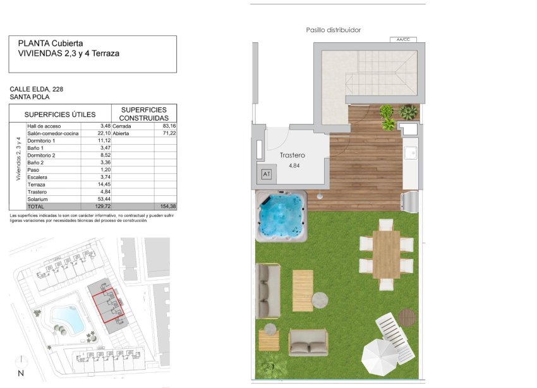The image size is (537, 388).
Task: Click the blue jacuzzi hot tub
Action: click(x=281, y=216)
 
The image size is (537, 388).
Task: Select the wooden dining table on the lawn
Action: click(x=386, y=254)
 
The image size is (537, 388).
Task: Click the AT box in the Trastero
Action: click(x=265, y=174)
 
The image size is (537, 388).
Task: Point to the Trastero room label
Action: click(x=292, y=155)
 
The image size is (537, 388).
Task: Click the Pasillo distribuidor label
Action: click(x=333, y=30)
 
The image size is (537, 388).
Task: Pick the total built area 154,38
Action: click(x=167, y=207)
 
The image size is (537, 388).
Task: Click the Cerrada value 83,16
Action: click(x=167, y=126)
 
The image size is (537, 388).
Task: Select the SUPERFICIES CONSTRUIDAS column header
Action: click(x=145, y=114)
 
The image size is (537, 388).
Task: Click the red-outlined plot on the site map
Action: click(x=109, y=305)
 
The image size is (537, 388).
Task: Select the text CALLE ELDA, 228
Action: click(x=36, y=89)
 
